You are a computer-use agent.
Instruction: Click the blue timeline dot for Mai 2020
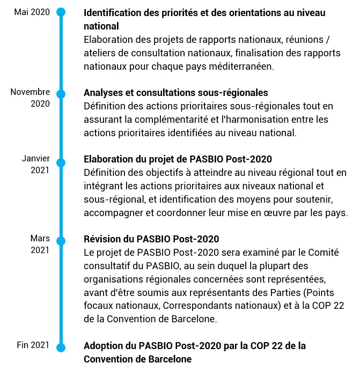(x=61, y=12)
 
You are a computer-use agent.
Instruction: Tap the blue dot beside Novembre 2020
(x=61, y=94)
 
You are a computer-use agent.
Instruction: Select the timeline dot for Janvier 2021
(x=61, y=163)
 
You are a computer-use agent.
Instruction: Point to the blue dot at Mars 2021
(x=61, y=241)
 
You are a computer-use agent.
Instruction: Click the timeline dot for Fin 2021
(x=61, y=347)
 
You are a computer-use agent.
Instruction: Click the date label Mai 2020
(x=32, y=12)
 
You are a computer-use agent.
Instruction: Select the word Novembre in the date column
(x=30, y=92)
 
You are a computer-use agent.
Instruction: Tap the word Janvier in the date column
(x=36, y=158)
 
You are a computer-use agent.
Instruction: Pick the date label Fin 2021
(x=33, y=345)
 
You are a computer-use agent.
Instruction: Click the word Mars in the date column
(x=40, y=238)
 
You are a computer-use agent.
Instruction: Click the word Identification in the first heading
(x=112, y=13)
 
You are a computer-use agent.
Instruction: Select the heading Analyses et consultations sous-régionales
(x=176, y=93)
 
